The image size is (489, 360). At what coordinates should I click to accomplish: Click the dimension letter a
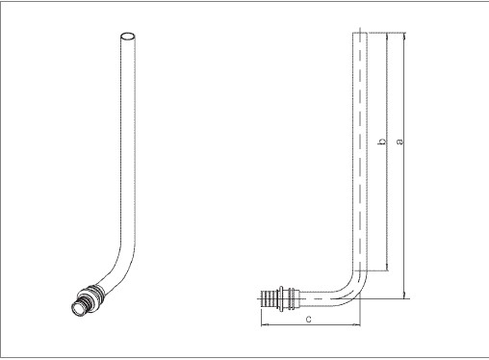399,141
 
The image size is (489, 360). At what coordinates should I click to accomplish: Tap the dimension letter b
382,141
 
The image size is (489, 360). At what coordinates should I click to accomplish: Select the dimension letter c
308,319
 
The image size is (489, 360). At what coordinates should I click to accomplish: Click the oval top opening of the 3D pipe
128,36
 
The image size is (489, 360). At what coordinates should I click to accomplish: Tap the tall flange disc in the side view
281,298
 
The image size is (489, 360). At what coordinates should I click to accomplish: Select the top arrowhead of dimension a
404,36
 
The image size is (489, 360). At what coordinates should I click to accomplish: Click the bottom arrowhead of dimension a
404,296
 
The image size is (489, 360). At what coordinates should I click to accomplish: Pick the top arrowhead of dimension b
387,36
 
